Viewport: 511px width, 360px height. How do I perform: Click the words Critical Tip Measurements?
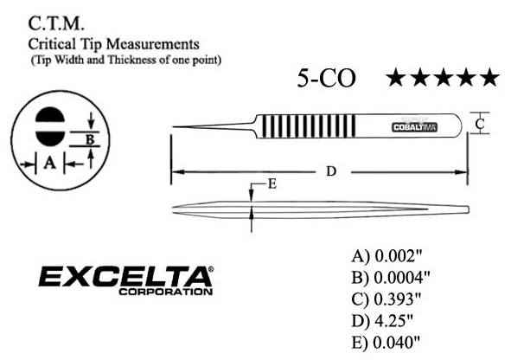[x=115, y=42]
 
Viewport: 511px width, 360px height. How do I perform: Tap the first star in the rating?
[x=396, y=78]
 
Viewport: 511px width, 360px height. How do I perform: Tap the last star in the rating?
[x=489, y=78]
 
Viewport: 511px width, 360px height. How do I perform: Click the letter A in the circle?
[x=50, y=162]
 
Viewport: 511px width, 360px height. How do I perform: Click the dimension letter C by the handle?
[x=480, y=124]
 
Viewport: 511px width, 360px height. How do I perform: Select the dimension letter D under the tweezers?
[x=329, y=171]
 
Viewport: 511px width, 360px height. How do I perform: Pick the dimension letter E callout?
[x=272, y=183]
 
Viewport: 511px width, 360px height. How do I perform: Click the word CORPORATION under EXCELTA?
[x=168, y=292]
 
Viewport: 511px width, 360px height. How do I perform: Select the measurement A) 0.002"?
[x=388, y=256]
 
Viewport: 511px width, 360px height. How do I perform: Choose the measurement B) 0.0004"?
[x=392, y=277]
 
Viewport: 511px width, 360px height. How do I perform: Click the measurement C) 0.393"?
[x=388, y=299]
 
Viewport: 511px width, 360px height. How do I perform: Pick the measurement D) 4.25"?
[x=385, y=319]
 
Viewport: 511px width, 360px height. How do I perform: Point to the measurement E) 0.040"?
[x=388, y=341]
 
